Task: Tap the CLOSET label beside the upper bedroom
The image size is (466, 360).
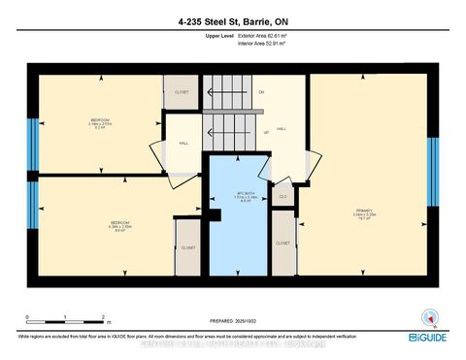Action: (182, 92)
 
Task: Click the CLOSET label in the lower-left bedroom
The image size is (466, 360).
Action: (187, 247)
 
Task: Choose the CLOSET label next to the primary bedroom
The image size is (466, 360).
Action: (283, 243)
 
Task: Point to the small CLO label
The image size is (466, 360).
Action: (283, 196)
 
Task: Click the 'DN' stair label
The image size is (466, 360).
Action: (261, 92)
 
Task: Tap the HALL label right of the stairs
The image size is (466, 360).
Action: (282, 128)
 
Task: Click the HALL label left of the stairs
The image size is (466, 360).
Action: (183, 144)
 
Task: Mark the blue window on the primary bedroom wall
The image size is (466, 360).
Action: (433, 165)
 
